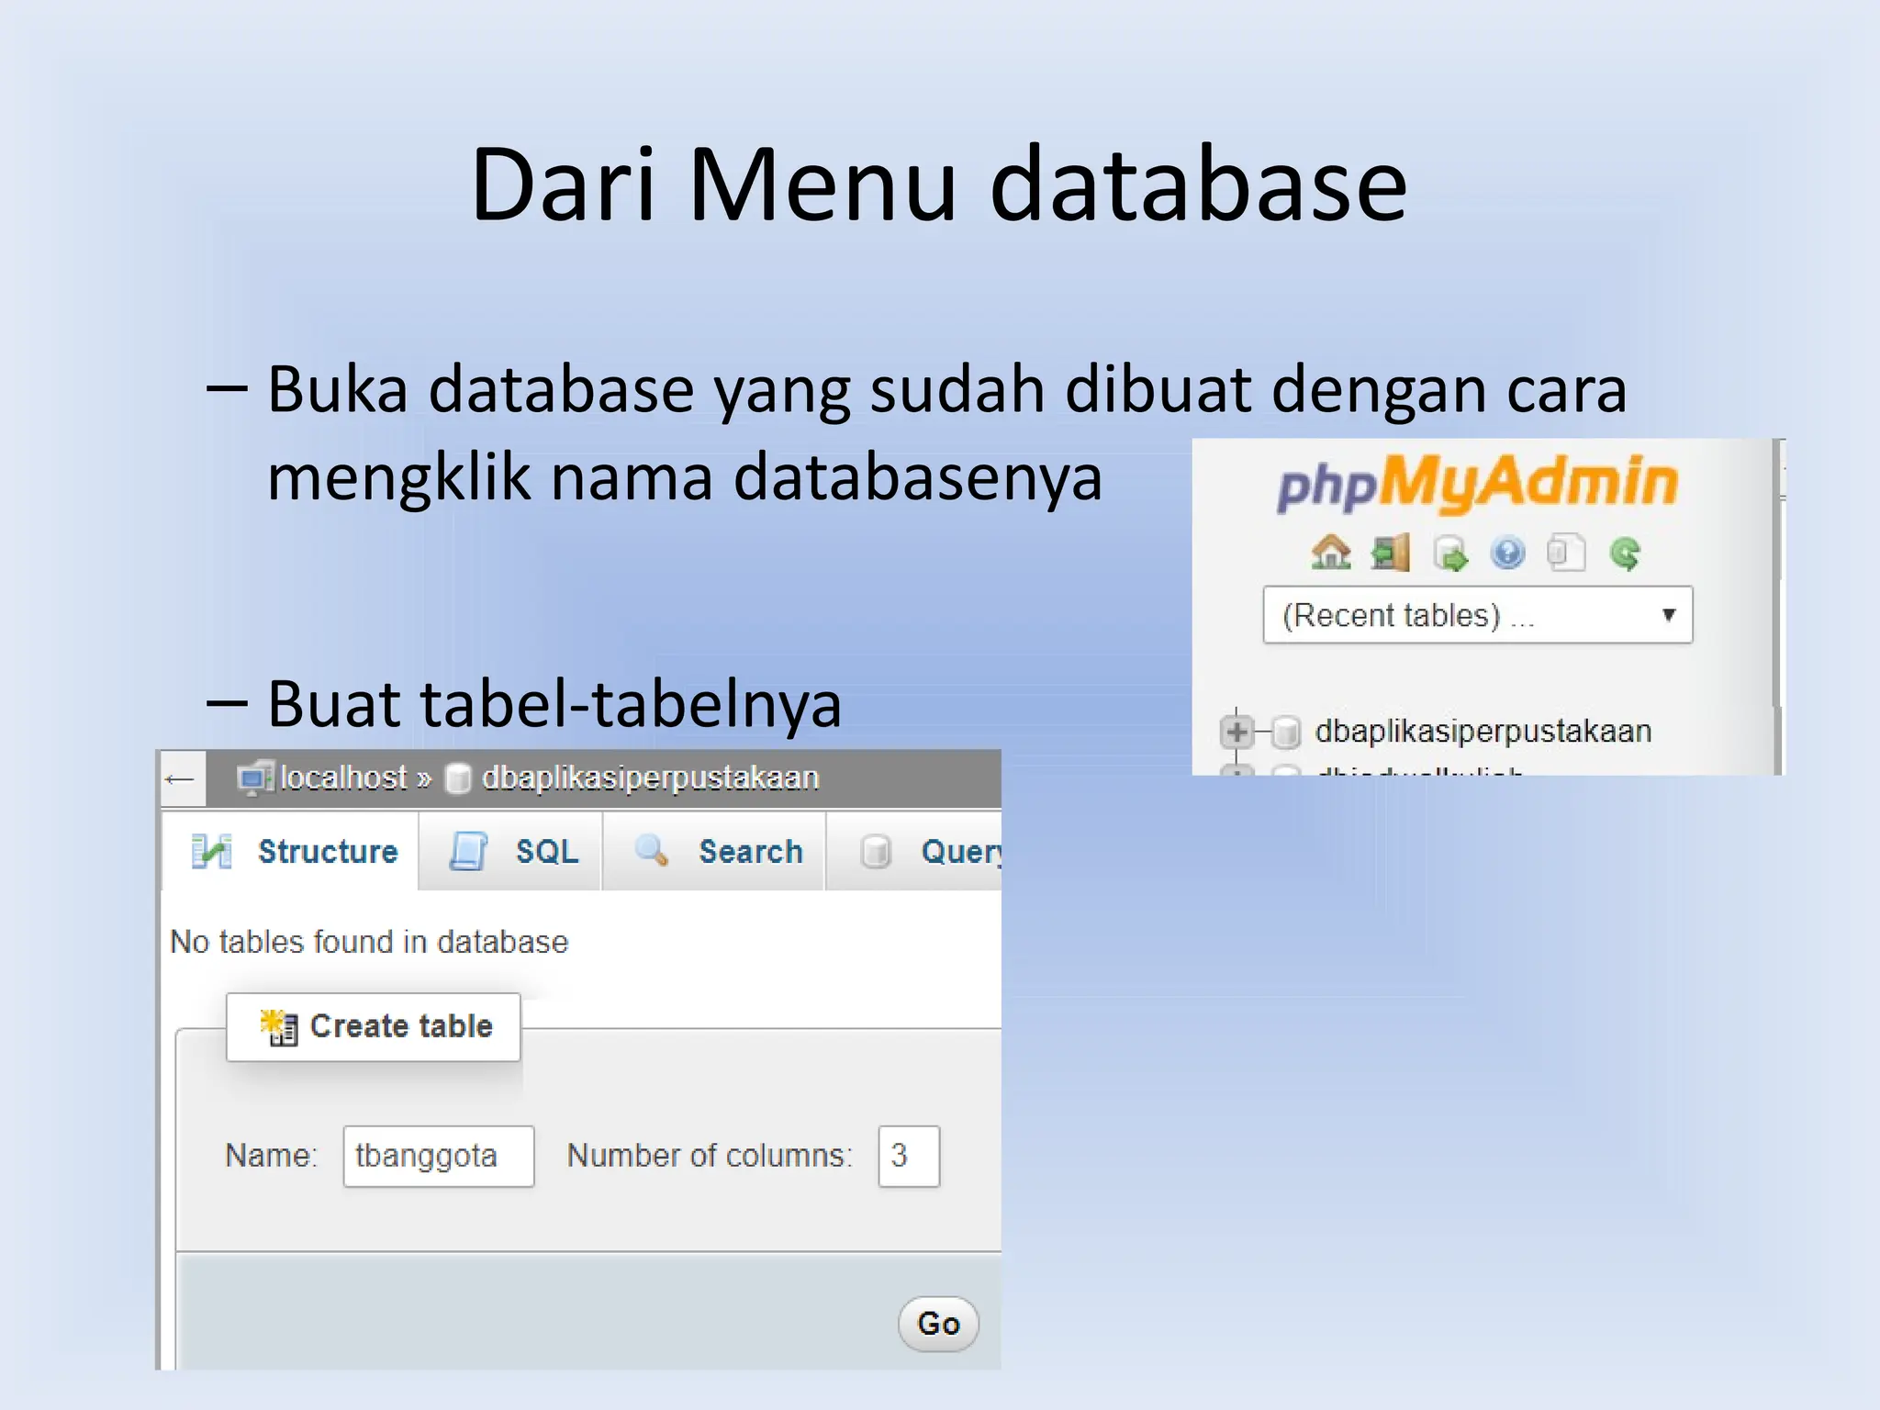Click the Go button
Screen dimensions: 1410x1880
937,1323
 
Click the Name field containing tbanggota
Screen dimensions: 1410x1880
438,1156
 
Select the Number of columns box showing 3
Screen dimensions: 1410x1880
908,1156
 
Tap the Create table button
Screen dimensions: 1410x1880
374,1026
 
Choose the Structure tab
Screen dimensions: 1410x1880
294,851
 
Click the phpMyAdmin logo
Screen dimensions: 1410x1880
1477,483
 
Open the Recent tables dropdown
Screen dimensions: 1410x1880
1477,615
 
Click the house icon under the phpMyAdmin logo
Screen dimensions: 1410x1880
1330,553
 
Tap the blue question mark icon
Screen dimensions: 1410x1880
1507,553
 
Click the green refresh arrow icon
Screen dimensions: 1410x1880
1625,553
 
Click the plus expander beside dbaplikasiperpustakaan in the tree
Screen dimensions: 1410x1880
1237,732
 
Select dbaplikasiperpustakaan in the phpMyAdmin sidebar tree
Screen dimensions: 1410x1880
1483,732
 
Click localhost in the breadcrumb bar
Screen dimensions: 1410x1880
342,778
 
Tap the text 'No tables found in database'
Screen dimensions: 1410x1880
369,942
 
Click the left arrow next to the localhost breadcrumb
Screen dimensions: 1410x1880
180,779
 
